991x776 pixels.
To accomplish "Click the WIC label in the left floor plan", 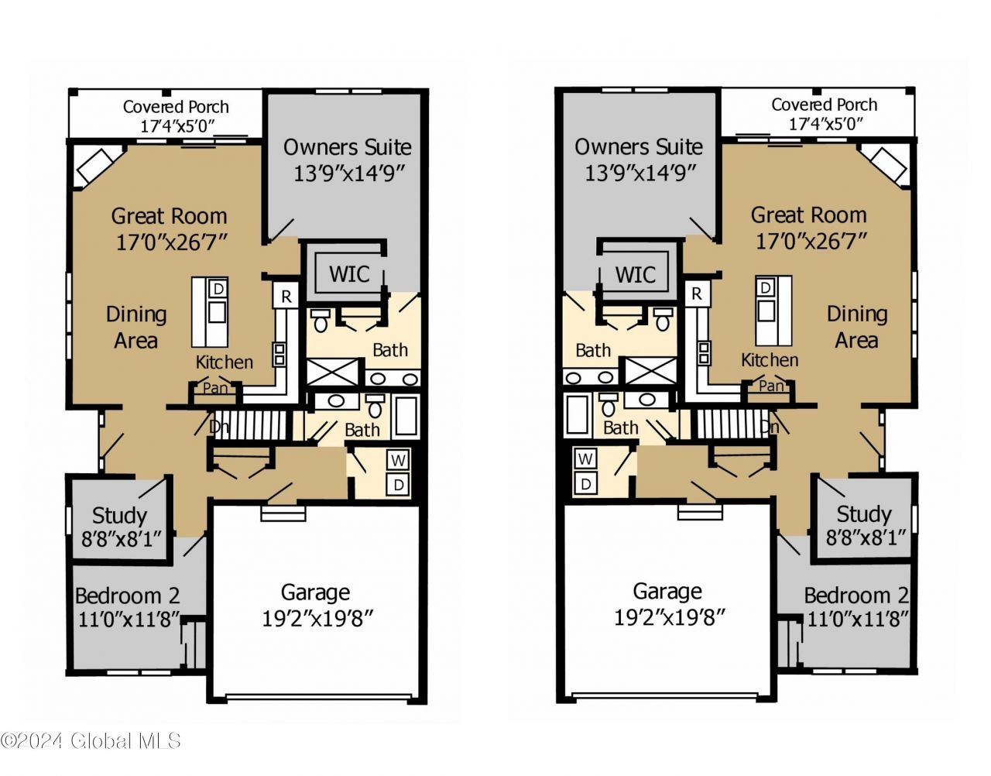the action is [x=349, y=274].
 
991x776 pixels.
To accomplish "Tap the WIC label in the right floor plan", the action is [x=636, y=275].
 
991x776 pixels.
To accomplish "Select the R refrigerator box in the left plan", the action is [x=286, y=296].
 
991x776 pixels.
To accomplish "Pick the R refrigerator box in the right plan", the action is [x=696, y=294].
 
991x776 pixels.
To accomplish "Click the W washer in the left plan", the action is [x=399, y=461].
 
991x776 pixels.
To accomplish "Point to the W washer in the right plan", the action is [x=585, y=459].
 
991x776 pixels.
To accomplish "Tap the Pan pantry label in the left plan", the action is [x=214, y=388].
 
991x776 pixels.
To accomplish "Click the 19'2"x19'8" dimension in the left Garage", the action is [x=317, y=619].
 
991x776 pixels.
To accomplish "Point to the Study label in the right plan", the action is [x=864, y=514].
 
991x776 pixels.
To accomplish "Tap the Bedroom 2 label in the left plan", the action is [x=127, y=596].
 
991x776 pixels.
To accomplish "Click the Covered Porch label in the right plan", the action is [x=824, y=105].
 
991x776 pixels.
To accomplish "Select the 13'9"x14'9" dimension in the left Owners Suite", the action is [x=349, y=173].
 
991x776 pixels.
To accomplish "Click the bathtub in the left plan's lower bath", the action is [x=406, y=415].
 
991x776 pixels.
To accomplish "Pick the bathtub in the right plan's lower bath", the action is [x=577, y=414].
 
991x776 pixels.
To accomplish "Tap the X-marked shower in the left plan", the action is [x=333, y=372].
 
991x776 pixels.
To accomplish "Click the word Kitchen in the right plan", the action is [x=770, y=360].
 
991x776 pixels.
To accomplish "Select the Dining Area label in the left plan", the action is [x=136, y=327].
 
